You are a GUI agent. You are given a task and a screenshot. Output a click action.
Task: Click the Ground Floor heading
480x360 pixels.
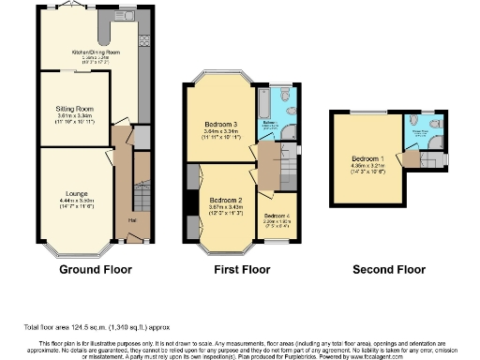pos(93,270)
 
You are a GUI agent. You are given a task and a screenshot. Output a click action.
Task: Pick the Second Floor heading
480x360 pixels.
pos(384,270)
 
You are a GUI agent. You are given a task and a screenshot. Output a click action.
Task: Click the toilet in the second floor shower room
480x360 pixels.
pos(430,123)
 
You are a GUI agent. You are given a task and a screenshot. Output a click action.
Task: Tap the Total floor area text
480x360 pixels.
pos(97,327)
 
